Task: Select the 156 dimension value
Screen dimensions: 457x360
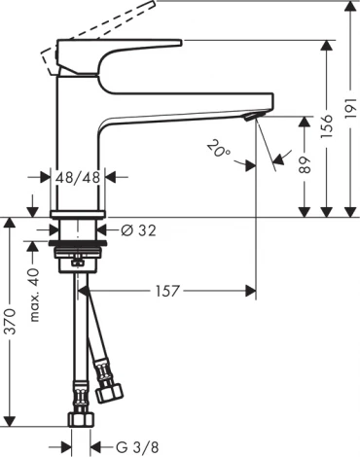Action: [x=328, y=127]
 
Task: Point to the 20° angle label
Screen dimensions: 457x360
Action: [x=219, y=148]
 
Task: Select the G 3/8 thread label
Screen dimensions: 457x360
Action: [x=135, y=446]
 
